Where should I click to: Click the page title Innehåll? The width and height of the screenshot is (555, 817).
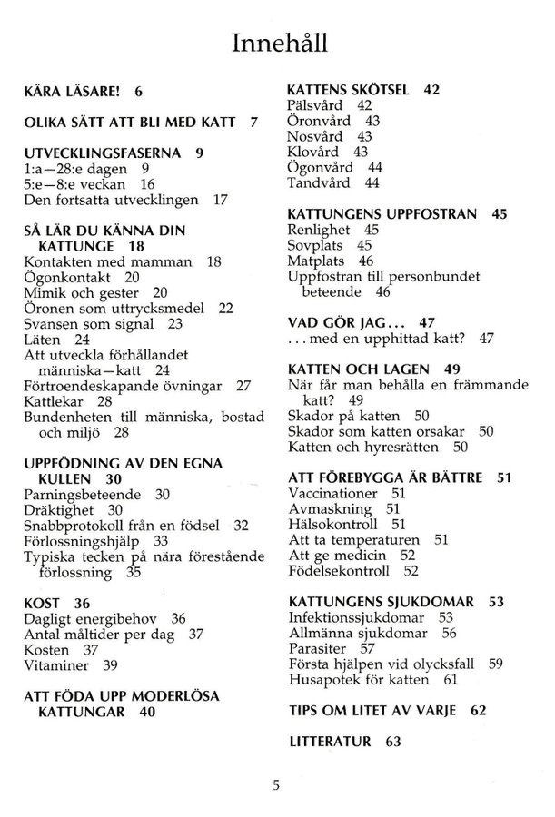[277, 43]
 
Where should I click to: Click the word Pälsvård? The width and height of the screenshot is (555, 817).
[317, 105]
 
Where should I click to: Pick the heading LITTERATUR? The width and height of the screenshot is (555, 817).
[329, 741]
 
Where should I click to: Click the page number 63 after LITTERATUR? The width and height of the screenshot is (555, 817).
[392, 741]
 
